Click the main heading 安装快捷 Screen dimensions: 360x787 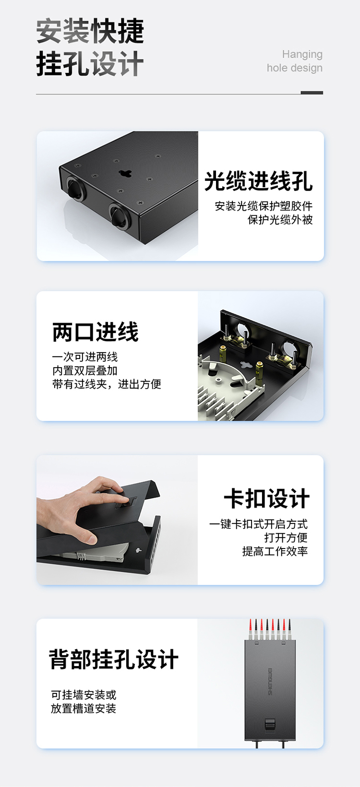[90, 32]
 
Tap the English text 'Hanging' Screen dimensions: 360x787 [302, 54]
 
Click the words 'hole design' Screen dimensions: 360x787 [295, 68]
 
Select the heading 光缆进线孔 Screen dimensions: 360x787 [258, 181]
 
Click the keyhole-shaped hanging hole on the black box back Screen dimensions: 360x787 [125, 173]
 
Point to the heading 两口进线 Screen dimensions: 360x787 [95, 332]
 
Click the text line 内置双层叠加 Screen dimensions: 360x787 [85, 370]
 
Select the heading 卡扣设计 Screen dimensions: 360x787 [266, 499]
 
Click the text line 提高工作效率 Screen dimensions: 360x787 [275, 551]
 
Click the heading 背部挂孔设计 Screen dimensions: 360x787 [114, 659]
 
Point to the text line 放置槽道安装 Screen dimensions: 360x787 [84, 708]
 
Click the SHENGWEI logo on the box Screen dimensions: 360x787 [270, 681]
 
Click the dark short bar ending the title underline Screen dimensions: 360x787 [312, 93]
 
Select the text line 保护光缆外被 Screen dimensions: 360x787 [280, 220]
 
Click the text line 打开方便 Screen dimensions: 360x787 [286, 537]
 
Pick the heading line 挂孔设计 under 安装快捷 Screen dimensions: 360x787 [90, 64]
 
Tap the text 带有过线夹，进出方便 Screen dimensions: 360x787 [107, 384]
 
